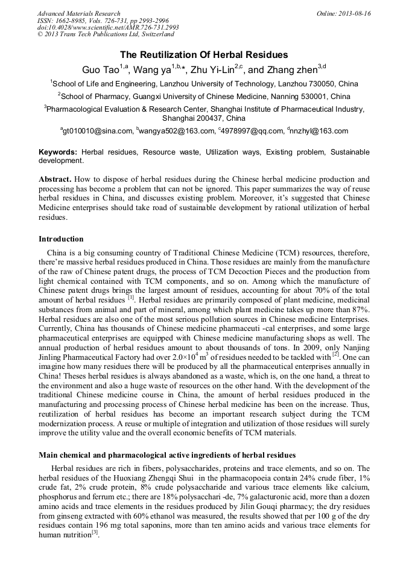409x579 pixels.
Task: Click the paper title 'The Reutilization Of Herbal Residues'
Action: [x=204, y=54]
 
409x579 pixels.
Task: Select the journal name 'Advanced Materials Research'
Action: [x=78, y=13]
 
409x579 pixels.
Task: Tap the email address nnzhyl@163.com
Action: [x=320, y=131]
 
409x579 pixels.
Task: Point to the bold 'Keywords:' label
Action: [x=59, y=153]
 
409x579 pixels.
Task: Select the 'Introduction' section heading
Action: [x=61, y=239]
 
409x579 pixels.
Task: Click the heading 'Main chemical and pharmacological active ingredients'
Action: [x=167, y=455]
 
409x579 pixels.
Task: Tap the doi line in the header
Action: [x=108, y=28]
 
